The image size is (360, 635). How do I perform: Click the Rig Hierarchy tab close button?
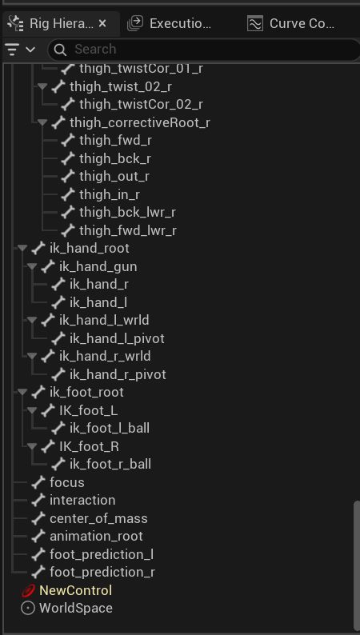pos(102,23)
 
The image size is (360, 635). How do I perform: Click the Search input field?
pos(202,50)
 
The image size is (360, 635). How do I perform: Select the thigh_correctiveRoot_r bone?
pos(140,122)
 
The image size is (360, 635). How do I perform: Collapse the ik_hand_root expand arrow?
pos(22,248)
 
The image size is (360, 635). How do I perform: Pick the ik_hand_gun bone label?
pos(98,266)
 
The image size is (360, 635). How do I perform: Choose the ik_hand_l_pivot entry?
pos(117,338)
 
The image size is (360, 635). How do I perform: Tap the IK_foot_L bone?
pos(89,410)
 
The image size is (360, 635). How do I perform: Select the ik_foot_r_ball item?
pos(110,464)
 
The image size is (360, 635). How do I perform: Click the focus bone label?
pos(67,482)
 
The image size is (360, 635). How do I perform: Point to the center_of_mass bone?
pos(98,518)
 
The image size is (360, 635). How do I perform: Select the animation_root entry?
pos(96,536)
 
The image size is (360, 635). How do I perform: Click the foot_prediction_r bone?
pos(102,572)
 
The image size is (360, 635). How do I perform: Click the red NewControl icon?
pos(28,590)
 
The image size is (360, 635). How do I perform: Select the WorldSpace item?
pos(76,608)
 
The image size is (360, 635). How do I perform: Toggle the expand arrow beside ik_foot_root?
pos(22,392)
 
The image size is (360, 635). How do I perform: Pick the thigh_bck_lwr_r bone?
pos(127,212)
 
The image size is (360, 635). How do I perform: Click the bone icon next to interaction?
pos(38,500)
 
